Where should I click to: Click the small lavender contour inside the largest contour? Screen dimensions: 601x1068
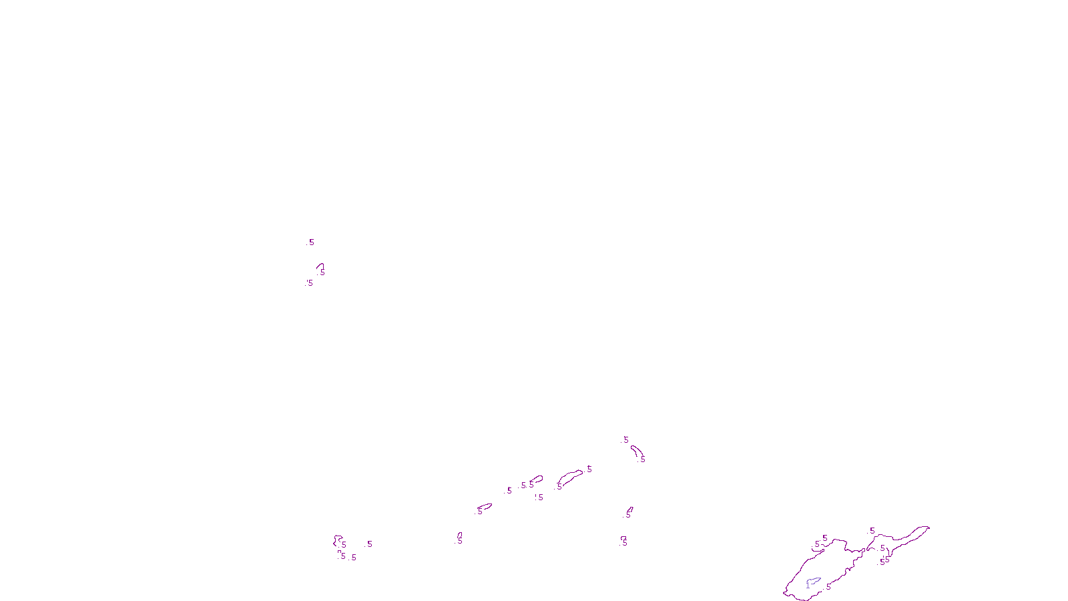814,582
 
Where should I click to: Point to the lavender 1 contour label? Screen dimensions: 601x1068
808,586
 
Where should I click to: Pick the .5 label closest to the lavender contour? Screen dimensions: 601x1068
828,587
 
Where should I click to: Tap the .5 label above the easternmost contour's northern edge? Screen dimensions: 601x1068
872,531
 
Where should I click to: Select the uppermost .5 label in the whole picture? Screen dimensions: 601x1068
310,242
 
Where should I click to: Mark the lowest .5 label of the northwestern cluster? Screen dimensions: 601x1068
309,283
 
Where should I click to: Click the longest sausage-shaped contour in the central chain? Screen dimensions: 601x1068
570,477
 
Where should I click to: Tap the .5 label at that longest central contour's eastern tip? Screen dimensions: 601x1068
589,469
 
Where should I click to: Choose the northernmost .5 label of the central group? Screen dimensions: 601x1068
625,440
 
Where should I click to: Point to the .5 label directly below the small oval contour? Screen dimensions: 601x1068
539,497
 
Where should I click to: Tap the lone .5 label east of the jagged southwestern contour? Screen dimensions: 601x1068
369,544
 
